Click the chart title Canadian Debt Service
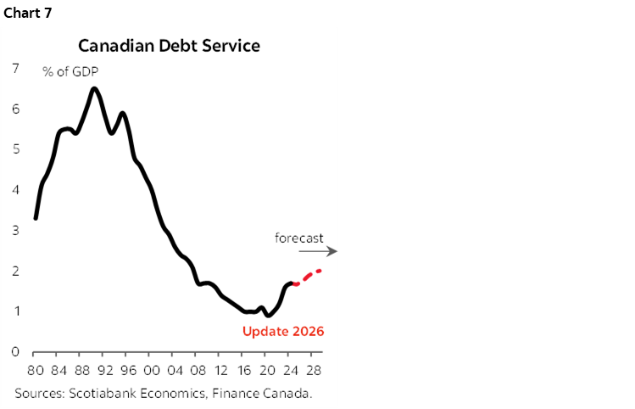click(169, 45)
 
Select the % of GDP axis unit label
click(72, 71)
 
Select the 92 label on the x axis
click(105, 371)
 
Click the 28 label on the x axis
click(313, 371)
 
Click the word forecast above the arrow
click(298, 238)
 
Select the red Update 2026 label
click(283, 331)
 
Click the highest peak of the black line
click(93, 88)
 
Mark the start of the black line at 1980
click(35, 218)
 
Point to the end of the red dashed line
click(320, 271)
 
